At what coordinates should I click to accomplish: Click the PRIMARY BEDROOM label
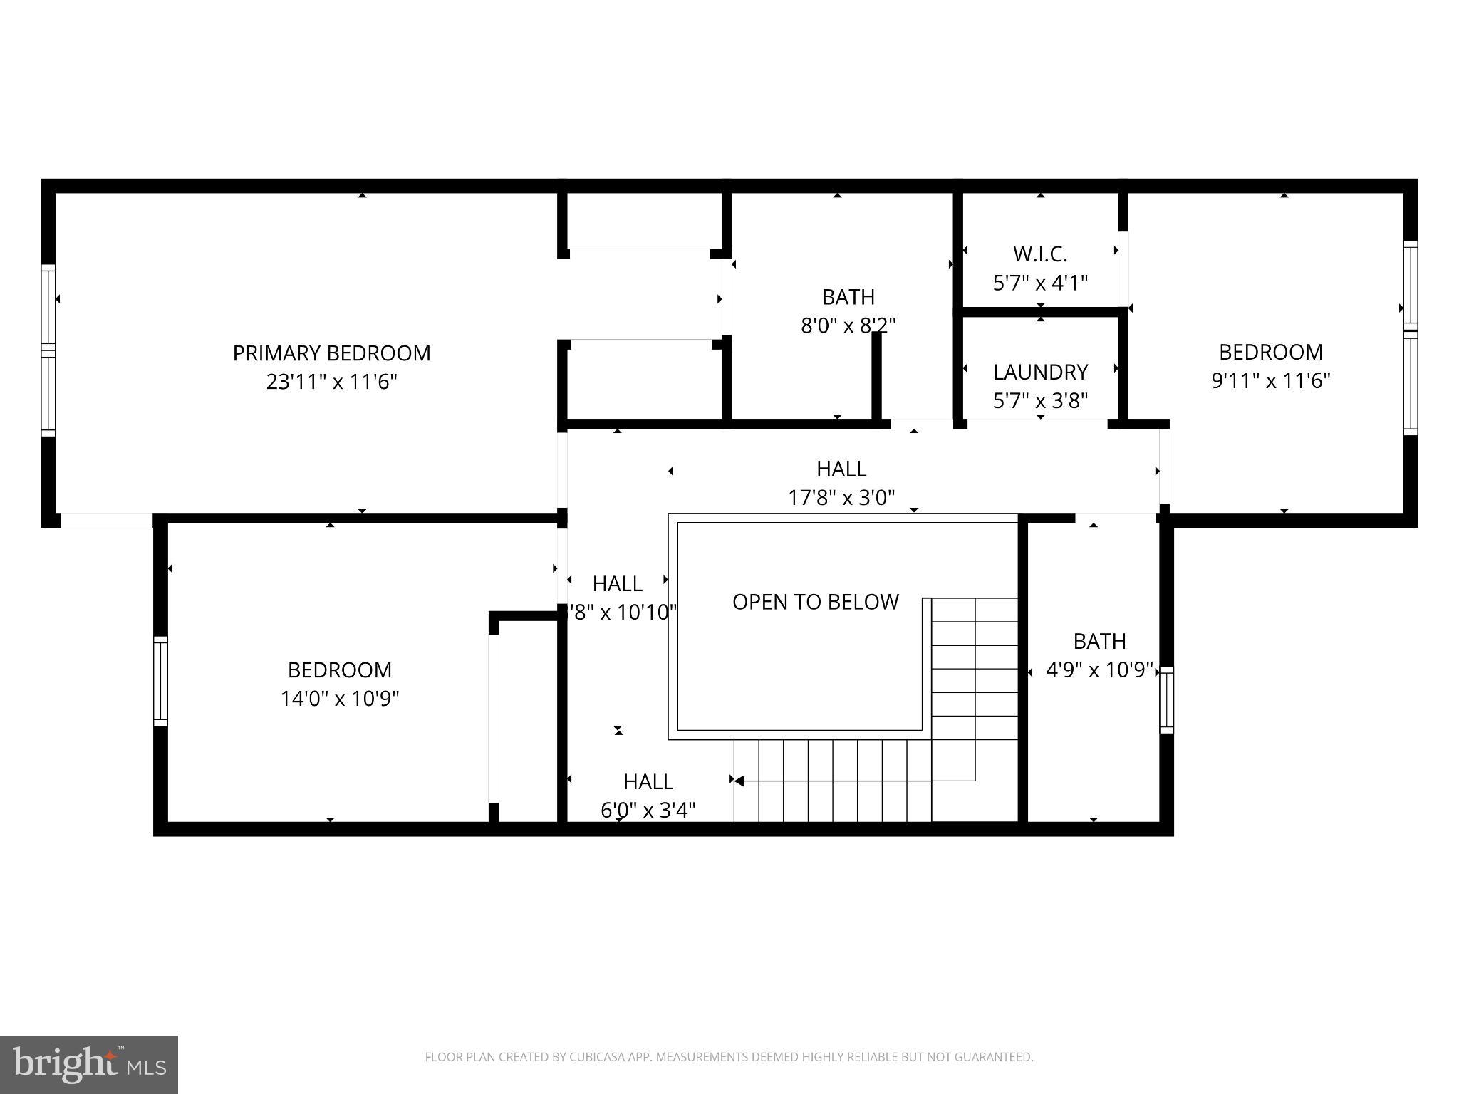point(331,353)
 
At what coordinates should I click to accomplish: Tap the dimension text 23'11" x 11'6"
point(331,382)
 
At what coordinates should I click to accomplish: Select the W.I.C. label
point(1040,254)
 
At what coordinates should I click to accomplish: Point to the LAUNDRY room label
point(1040,372)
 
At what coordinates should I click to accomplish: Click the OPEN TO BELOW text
point(815,602)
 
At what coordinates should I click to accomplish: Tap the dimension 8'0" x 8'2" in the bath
point(848,325)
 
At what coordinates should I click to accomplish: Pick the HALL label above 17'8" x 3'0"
point(841,469)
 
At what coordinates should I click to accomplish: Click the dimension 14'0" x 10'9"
point(339,699)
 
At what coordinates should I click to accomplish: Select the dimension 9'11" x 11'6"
point(1270,381)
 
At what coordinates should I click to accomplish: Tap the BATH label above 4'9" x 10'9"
point(1099,641)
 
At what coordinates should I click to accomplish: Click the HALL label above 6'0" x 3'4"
point(648,782)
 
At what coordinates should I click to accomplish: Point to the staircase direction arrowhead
point(739,781)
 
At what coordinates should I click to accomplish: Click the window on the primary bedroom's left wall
point(48,350)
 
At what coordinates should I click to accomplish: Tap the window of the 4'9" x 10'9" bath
point(1166,699)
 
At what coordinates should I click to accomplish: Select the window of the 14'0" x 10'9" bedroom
point(161,681)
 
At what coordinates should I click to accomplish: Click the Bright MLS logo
point(88,1064)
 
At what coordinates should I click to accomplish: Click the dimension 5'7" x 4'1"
point(1040,283)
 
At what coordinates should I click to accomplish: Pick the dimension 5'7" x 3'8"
point(1040,401)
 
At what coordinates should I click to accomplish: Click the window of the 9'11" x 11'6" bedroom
point(1410,337)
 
